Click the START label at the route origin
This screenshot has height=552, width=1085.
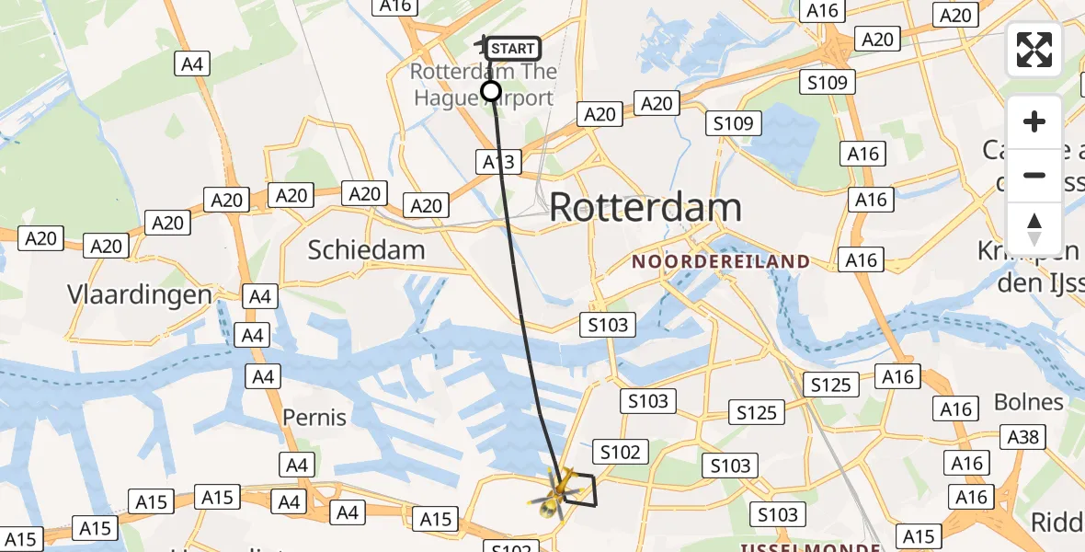[512, 49]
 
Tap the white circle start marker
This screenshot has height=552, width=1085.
[491, 90]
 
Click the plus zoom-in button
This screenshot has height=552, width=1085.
[1034, 121]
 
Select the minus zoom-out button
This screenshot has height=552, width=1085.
[1034, 175]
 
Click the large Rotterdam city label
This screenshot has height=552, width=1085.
[645, 208]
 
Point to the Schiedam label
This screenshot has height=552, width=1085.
[366, 250]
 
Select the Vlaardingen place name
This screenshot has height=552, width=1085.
[140, 294]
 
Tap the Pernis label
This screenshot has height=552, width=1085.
[314, 418]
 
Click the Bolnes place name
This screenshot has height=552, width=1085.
[1029, 402]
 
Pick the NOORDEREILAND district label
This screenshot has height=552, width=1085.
[721, 262]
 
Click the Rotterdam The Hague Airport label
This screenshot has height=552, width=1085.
[483, 84]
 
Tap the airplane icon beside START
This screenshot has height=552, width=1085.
[481, 43]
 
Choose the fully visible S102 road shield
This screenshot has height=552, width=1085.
[620, 452]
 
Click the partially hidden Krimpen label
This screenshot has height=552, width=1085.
[1028, 250]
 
